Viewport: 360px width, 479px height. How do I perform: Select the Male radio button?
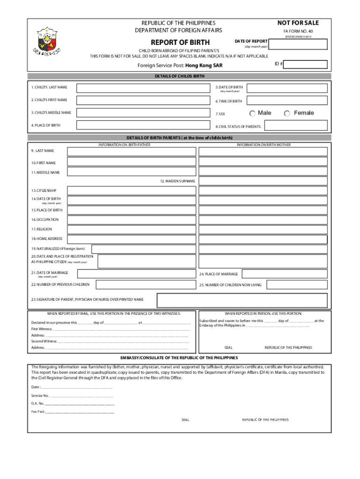tap(252, 113)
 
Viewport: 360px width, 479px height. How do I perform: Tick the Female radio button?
tap(287, 113)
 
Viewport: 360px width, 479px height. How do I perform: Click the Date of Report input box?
tap(299, 44)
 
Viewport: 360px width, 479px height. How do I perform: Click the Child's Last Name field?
tap(143, 88)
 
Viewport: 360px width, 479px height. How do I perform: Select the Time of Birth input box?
tap(287, 100)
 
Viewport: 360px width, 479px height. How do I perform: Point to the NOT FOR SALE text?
tap(298, 23)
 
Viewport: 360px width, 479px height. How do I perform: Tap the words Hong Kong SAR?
tap(204, 65)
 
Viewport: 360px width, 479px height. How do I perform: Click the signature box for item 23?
tap(242, 300)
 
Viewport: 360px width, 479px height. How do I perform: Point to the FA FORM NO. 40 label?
tap(298, 31)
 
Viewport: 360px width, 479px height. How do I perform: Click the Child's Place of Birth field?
tap(143, 125)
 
